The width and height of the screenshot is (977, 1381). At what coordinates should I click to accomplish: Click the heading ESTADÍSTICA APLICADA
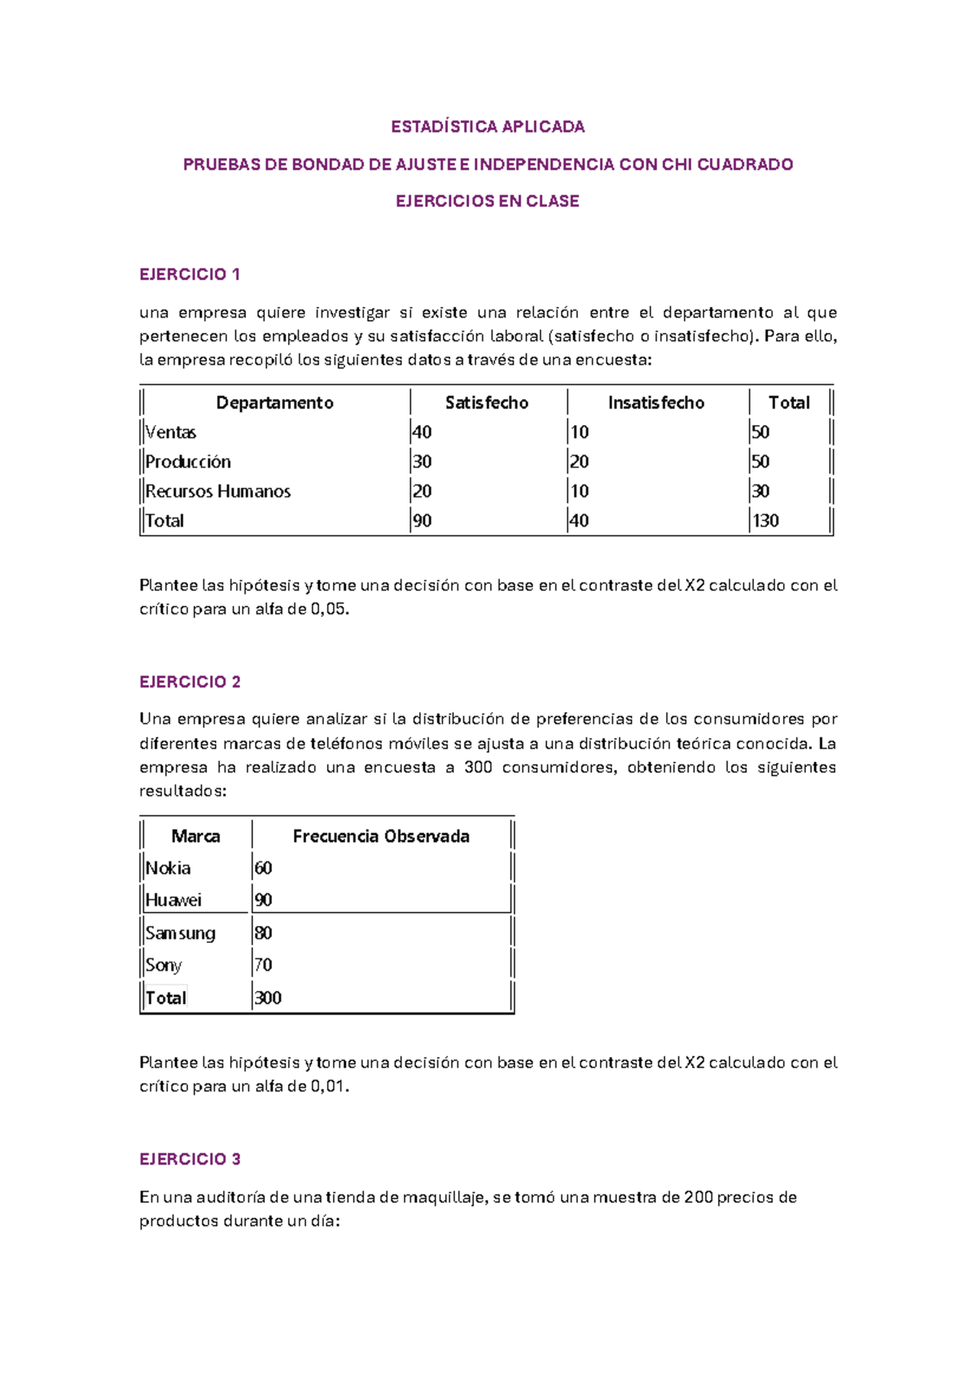tap(488, 126)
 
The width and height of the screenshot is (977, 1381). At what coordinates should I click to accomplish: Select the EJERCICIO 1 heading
tap(190, 274)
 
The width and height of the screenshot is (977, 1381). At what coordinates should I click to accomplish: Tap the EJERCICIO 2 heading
tap(190, 682)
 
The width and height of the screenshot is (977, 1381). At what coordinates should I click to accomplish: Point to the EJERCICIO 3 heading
tap(190, 1159)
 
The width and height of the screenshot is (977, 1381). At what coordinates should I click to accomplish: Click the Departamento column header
tap(274, 402)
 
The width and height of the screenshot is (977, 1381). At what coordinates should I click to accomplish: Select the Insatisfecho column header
tap(655, 402)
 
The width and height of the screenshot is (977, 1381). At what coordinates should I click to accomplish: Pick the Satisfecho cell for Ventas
tap(422, 432)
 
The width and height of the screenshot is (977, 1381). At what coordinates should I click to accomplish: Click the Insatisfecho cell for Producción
tap(579, 462)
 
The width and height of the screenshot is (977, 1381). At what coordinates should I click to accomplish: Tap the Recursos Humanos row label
tap(218, 491)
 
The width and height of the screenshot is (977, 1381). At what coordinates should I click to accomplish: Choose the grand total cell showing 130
tap(765, 520)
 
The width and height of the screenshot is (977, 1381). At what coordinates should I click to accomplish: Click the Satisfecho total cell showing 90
tap(422, 520)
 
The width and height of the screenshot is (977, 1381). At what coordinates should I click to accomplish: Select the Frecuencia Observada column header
tap(381, 836)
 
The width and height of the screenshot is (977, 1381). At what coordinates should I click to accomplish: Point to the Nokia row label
tap(169, 868)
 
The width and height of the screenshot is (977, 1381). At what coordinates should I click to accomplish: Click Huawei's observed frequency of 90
tap(263, 900)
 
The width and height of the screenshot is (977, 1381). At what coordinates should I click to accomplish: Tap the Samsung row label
tap(181, 933)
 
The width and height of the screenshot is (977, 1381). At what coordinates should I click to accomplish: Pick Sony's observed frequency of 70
tap(263, 965)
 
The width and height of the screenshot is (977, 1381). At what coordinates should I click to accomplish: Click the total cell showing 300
tap(268, 997)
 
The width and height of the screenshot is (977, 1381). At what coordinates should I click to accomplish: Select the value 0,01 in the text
tap(328, 1086)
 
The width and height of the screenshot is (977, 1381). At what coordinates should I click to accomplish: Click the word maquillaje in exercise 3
tap(445, 1197)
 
